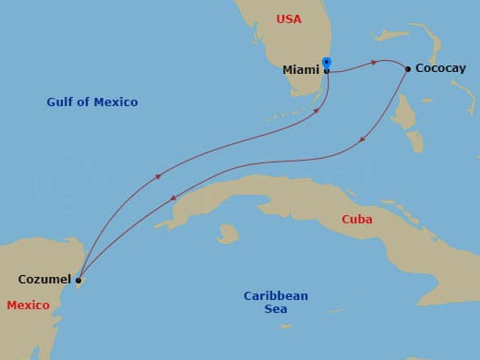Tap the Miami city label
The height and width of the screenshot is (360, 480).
pos(301,69)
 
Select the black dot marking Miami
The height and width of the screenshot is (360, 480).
pos(327,70)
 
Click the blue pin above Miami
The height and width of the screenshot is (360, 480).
pos(327,63)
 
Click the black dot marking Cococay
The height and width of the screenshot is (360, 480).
pos(408,68)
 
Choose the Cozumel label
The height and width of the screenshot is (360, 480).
pos(44,279)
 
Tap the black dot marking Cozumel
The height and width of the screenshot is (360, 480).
pos(78,280)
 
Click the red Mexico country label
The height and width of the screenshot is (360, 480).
pos(28,305)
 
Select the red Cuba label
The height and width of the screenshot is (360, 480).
pos(357,220)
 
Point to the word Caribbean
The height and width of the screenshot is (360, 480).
pos(276,295)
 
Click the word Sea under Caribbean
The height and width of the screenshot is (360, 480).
pos(275,309)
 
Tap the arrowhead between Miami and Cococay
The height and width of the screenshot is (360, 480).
pos(373,63)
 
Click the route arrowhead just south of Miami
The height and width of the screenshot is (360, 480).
pos(319,110)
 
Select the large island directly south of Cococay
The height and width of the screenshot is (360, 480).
pos(403,111)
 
